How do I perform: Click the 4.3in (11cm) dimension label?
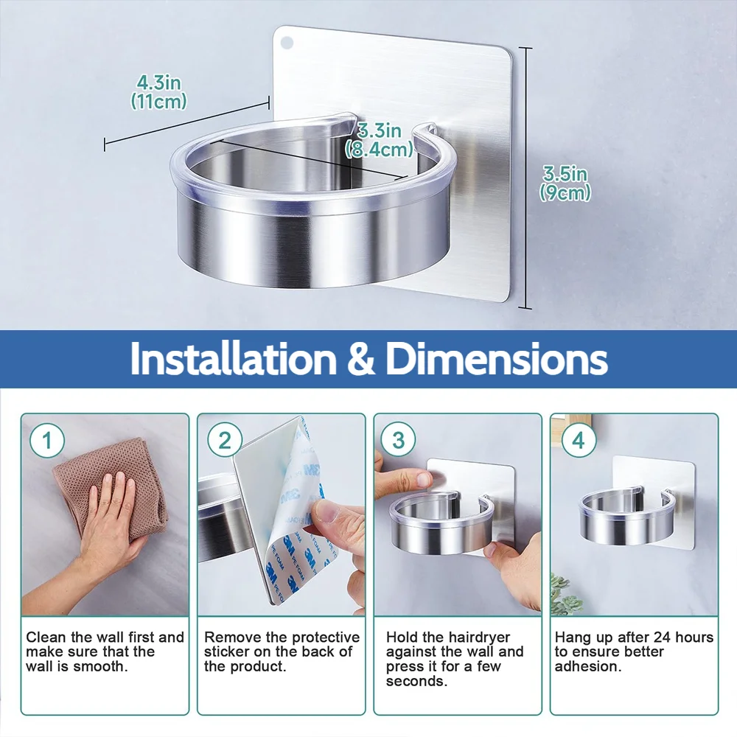(x=158, y=92)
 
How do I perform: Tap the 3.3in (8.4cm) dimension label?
(x=380, y=140)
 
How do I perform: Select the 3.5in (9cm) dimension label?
(x=565, y=184)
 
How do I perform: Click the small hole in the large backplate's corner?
(x=286, y=43)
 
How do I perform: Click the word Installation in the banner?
(x=234, y=359)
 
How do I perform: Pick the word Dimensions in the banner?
(x=496, y=359)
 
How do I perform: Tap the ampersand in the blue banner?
(x=361, y=359)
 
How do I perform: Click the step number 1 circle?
(x=47, y=441)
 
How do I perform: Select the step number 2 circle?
(x=225, y=441)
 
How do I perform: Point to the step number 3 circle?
(x=398, y=441)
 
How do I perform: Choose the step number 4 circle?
(x=579, y=441)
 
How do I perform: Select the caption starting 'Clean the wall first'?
(x=105, y=652)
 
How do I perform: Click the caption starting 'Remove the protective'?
(x=282, y=652)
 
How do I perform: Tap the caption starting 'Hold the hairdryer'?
(x=455, y=659)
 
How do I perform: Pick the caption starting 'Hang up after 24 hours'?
(x=634, y=652)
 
